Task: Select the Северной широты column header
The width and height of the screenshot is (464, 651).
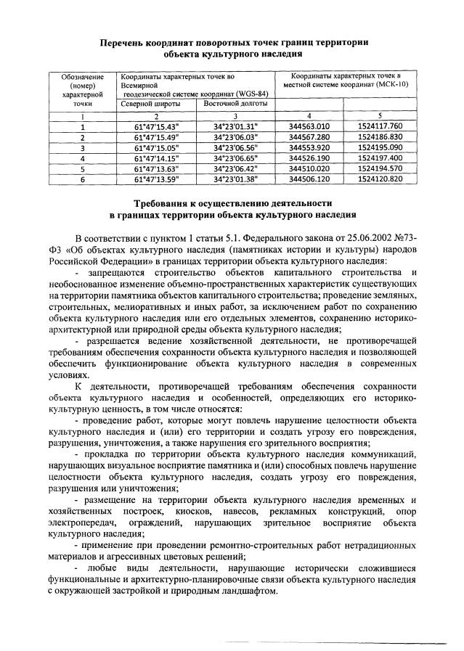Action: pos(146,104)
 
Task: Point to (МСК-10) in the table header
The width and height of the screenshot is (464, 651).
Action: pos(385,85)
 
